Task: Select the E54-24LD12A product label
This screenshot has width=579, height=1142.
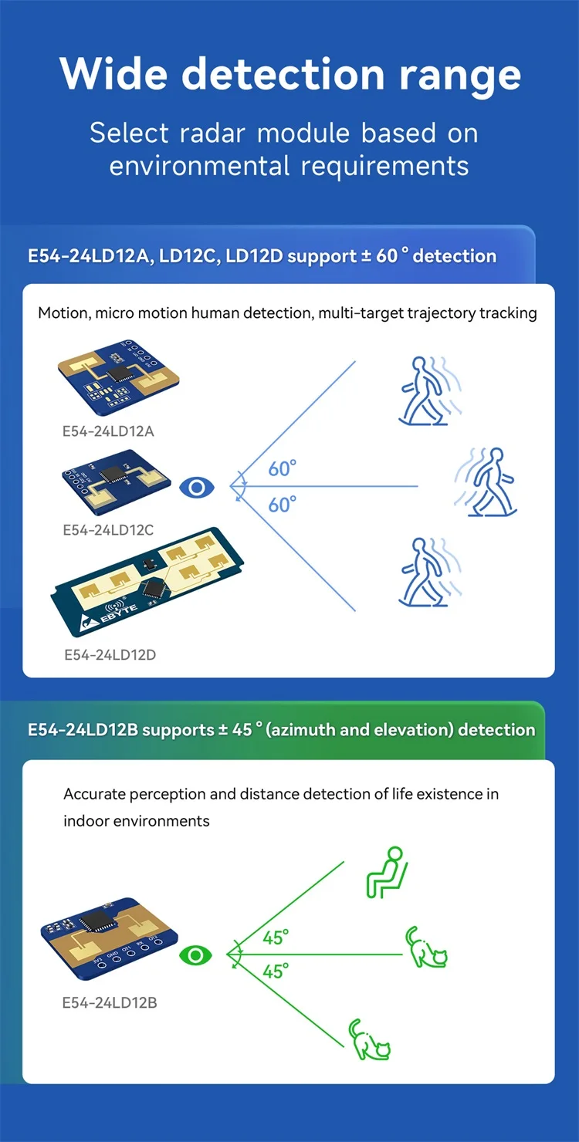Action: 108,431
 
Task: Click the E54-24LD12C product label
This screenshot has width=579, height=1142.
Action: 108,530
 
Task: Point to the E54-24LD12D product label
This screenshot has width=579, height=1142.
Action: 110,655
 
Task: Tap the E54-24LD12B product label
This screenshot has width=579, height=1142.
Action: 110,1003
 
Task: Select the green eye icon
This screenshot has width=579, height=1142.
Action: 196,956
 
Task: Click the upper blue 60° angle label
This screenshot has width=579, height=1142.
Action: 283,468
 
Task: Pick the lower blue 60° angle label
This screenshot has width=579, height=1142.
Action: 283,505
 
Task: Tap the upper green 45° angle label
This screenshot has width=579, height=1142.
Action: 276,938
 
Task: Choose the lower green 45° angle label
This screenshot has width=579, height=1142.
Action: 276,971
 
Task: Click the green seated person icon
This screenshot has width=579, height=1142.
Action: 386,872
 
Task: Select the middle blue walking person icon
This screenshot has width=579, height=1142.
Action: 488,481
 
